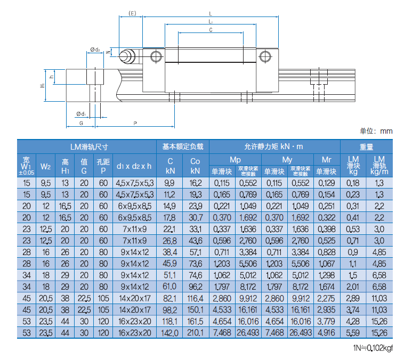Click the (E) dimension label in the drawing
[x=132, y=13]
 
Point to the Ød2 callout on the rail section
[x=95, y=50]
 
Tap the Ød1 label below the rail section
[x=81, y=114]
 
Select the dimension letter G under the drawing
[x=81, y=124]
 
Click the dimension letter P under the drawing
[x=135, y=124]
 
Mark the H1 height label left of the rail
[x=42, y=85]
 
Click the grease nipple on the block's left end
[x=127, y=56]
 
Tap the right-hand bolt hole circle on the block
[x=265, y=56]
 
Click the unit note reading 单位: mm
[x=376, y=131]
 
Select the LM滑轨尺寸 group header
[x=89, y=147]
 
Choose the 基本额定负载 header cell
[x=183, y=146]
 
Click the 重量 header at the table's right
[x=366, y=147]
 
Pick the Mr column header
[x=326, y=160]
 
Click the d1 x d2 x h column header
[x=134, y=166]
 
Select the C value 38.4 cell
[x=169, y=252]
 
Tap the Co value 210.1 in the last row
[x=195, y=333]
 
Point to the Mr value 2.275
[x=326, y=298]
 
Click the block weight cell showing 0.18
[x=353, y=183]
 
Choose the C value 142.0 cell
[x=169, y=333]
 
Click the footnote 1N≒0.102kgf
[x=373, y=348]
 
